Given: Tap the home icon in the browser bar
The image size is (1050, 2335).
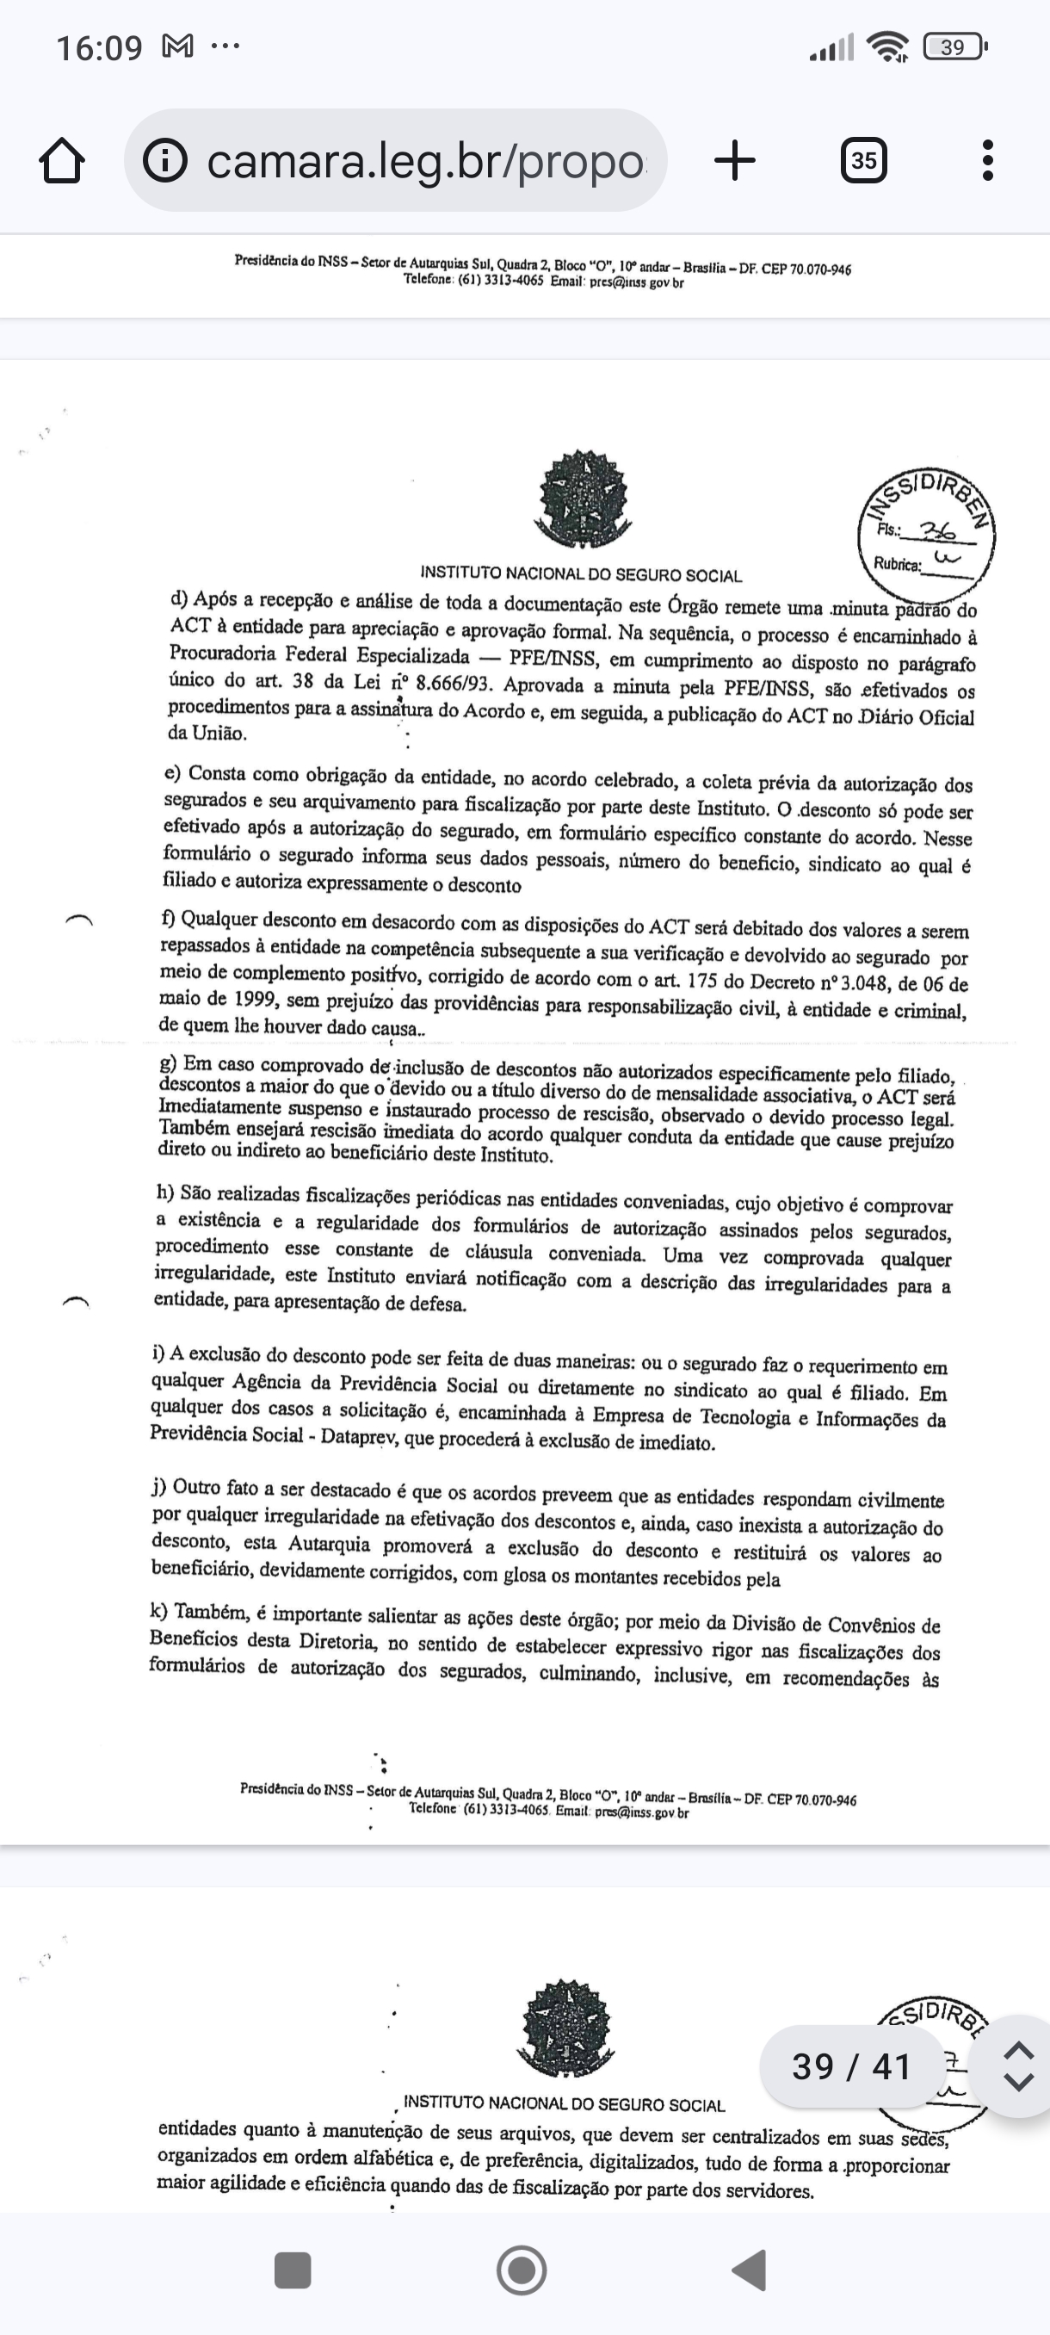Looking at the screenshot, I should tap(63, 161).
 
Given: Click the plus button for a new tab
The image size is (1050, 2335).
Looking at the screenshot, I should tap(735, 161).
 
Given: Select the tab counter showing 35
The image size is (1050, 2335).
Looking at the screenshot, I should tap(863, 161).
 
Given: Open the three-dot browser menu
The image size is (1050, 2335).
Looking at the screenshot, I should tap(987, 161).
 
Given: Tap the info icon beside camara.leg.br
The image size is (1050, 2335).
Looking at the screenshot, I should tap(165, 161).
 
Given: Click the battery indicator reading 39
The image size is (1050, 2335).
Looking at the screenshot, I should tap(953, 47).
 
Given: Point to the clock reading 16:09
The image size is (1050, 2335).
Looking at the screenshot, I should tap(100, 47).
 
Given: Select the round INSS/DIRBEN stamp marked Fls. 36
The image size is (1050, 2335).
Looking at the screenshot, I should tap(926, 536).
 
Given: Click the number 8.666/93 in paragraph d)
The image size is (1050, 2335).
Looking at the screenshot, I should tap(453, 684).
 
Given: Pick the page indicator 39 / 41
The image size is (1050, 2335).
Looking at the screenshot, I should tap(850, 2066).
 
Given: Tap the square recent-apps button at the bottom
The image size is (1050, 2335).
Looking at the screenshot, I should tap(293, 2270).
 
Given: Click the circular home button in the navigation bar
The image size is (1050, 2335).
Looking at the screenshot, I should tap(522, 2270).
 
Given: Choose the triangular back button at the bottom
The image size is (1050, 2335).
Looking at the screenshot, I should tap(750, 2270).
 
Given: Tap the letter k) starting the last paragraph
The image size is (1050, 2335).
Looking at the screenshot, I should tap(159, 1611).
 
